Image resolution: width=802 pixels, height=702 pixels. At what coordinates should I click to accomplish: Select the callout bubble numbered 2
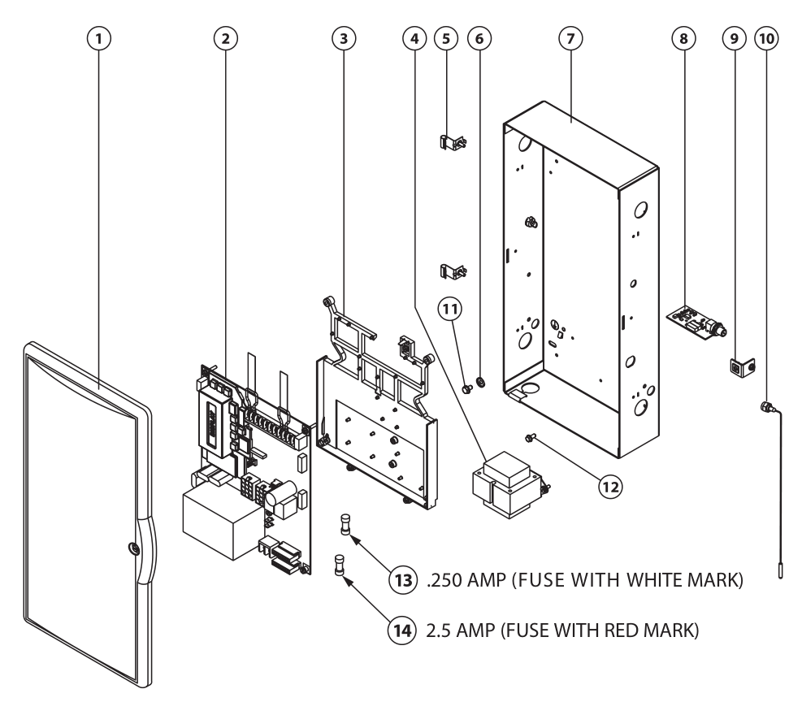225,37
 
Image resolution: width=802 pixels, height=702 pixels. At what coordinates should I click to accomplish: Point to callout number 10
764,37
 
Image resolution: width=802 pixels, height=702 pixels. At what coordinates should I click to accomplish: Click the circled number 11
449,308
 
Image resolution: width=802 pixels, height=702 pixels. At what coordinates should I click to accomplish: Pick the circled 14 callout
399,630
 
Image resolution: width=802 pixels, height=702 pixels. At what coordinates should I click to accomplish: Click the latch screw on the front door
132,548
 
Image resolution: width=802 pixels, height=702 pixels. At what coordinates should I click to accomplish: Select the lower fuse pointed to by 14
340,565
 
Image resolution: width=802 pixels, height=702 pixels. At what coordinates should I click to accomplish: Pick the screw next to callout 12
530,439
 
